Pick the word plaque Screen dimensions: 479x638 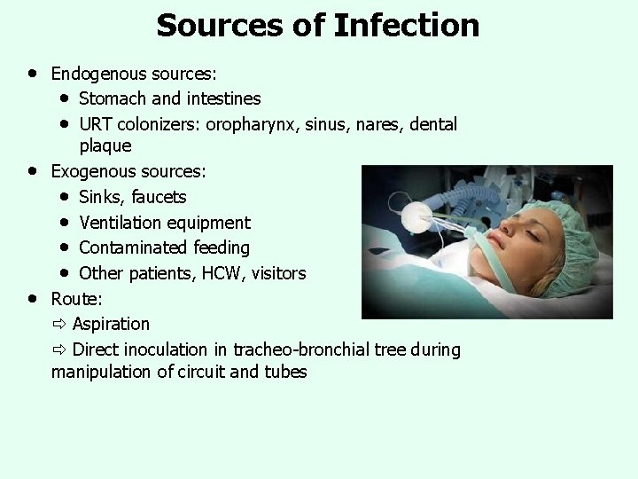105,145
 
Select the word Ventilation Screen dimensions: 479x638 120,223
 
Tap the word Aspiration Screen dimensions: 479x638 111,324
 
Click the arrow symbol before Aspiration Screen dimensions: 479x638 59,324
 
